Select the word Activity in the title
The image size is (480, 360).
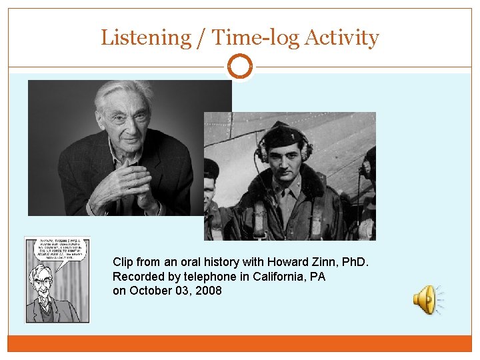(x=341, y=38)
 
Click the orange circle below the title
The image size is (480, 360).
(x=240, y=67)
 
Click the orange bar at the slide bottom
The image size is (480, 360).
(x=240, y=343)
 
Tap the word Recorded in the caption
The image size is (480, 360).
(x=138, y=276)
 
